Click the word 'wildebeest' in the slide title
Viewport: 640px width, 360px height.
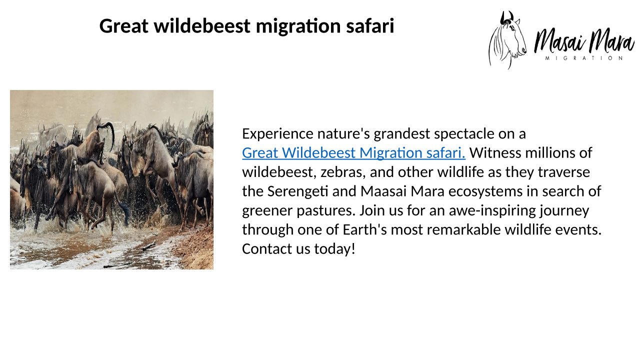coord(202,25)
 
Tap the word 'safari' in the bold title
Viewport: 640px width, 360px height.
coord(370,25)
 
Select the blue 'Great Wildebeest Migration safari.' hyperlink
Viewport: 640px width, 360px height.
coord(353,153)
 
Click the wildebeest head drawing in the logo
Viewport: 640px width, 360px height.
coord(507,40)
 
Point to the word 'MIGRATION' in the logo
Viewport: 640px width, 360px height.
coord(584,58)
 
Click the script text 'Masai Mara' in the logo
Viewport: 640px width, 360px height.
coord(584,41)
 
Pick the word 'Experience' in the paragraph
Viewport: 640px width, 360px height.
coord(277,134)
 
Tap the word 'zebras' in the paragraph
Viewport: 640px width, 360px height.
coord(342,172)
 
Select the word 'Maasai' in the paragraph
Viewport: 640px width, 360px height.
coord(383,191)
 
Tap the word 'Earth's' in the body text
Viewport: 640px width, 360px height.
coord(364,229)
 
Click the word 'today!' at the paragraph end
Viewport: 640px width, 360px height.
coord(335,249)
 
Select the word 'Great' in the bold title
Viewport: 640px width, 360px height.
coord(123,25)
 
